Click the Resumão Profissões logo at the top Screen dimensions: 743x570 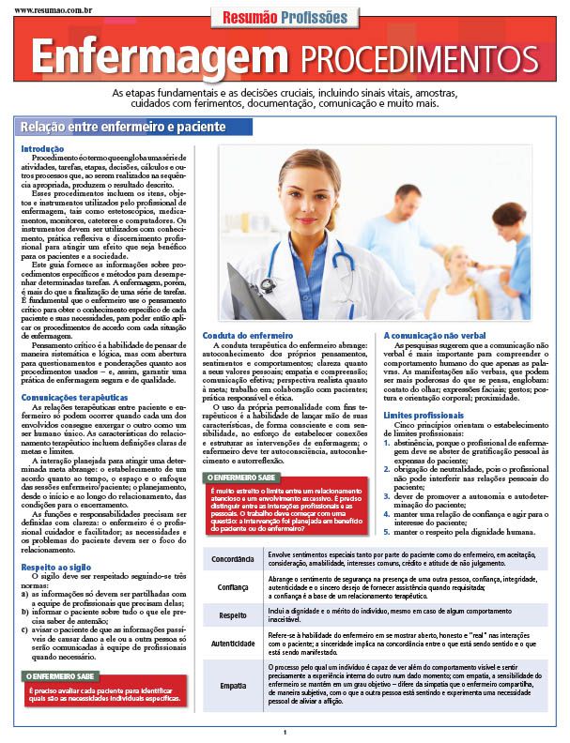tap(284, 16)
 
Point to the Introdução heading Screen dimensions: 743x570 tap(41, 149)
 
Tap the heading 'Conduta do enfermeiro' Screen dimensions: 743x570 tap(247, 335)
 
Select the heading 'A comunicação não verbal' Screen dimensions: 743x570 tap(433, 335)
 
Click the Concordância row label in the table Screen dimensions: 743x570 tap(233, 558)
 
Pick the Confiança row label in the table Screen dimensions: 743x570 tap(233, 587)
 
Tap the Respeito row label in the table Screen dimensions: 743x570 tap(233, 615)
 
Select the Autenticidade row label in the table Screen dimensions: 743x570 tap(233, 644)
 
